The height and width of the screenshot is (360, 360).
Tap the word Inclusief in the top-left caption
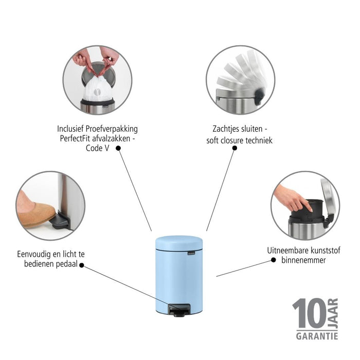click(x=73, y=129)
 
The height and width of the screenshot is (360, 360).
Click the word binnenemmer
click(x=303, y=260)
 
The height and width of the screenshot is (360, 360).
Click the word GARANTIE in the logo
click(x=316, y=336)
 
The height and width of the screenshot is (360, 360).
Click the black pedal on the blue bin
click(x=180, y=309)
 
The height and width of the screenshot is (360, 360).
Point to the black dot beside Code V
click(x=118, y=148)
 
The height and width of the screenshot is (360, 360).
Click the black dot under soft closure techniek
click(x=235, y=148)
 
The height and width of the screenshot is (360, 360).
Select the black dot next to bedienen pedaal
click(x=82, y=266)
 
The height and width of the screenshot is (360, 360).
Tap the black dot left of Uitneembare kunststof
click(x=272, y=260)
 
